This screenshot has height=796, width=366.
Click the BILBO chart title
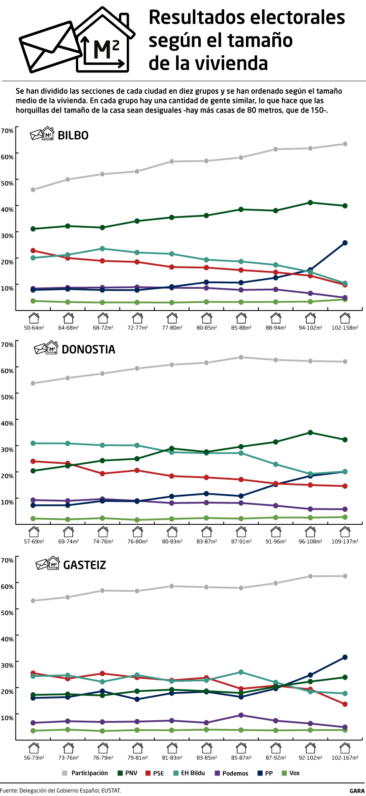tap(73, 135)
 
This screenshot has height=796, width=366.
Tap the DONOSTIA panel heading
tap(88, 349)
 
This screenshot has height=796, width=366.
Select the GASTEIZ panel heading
tap(84, 565)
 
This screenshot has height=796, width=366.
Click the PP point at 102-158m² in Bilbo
tap(345, 243)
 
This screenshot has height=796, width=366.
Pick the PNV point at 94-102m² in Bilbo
tap(310, 203)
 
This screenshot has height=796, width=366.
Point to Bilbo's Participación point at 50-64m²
tap(33, 190)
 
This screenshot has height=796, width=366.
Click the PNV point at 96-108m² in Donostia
tap(310, 432)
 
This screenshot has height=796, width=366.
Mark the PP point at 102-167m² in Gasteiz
tap(345, 657)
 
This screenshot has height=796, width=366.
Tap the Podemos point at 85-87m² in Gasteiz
tap(241, 715)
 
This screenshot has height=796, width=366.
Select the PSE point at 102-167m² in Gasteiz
tap(345, 704)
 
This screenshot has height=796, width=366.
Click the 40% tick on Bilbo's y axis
tap(7, 209)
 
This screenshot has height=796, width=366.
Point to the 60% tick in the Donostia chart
tap(7, 371)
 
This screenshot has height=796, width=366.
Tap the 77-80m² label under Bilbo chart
tap(172, 328)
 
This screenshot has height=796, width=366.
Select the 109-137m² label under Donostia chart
tap(345, 542)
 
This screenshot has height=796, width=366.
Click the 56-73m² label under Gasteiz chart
tap(34, 757)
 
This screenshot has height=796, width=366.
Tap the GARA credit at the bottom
tap(357, 791)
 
